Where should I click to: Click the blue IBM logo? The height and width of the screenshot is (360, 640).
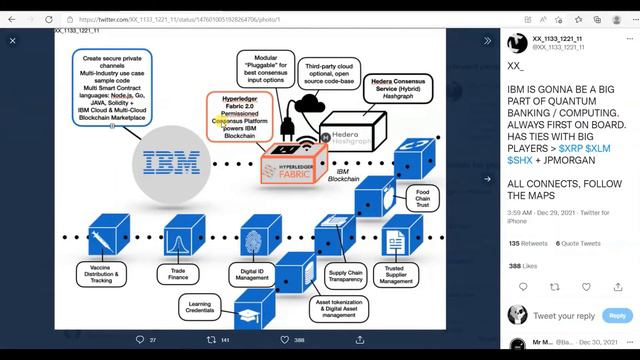click(162, 160)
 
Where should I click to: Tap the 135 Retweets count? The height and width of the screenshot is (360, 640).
click(528, 243)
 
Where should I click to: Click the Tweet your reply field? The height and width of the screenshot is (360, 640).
click(565, 316)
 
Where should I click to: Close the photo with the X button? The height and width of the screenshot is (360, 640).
click(13, 41)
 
